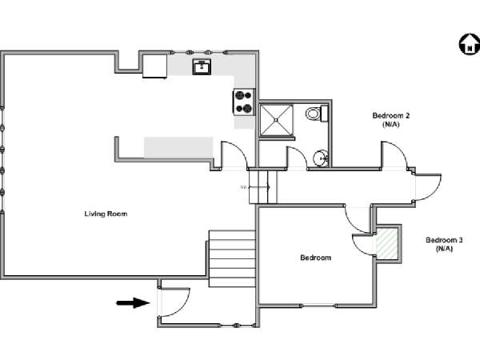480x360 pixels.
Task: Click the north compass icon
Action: click(x=470, y=44)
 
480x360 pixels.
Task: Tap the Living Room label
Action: click(x=106, y=214)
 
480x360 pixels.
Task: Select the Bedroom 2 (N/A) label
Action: click(x=391, y=120)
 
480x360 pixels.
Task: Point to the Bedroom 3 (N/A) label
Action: click(x=444, y=244)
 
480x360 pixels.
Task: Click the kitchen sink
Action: click(x=202, y=66)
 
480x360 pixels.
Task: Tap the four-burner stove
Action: click(x=244, y=102)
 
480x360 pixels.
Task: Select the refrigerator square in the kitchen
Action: click(x=155, y=66)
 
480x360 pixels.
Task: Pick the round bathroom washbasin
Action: click(x=321, y=158)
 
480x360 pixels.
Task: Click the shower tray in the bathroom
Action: click(x=276, y=120)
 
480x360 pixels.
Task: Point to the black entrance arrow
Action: click(x=133, y=303)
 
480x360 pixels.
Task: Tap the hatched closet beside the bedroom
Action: click(x=387, y=243)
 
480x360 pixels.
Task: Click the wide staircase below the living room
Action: click(x=232, y=258)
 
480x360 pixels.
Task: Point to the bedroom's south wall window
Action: click(x=318, y=306)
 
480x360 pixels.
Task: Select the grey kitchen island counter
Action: click(x=178, y=147)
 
